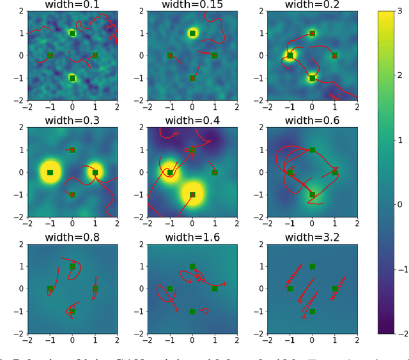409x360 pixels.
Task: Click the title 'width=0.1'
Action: tap(72, 5)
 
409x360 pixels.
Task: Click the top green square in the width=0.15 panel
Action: tap(192, 33)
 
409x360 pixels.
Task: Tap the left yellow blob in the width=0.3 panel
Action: tap(50, 172)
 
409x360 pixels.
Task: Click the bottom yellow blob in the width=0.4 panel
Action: tap(192, 194)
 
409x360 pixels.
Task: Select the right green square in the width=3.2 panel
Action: tap(334, 289)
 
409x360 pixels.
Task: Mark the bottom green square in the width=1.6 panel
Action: tap(192, 311)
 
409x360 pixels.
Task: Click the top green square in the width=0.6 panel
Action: tap(312, 150)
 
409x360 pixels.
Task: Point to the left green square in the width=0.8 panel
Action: tap(50, 289)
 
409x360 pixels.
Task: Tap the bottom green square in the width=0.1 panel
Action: tap(72, 78)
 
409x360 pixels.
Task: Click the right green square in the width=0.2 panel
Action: tap(334, 56)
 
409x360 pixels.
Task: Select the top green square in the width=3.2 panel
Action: tap(312, 267)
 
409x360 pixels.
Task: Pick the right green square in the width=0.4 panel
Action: tap(215, 172)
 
